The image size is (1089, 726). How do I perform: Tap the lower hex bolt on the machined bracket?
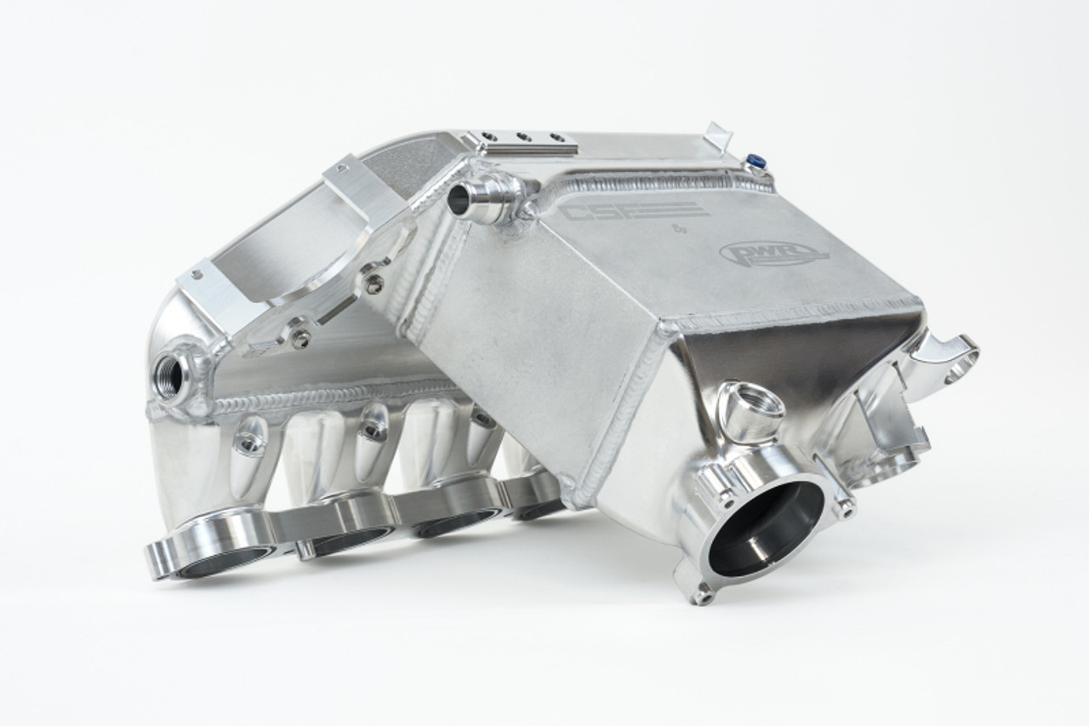point(299,338)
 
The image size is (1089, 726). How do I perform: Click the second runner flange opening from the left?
point(340,536)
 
